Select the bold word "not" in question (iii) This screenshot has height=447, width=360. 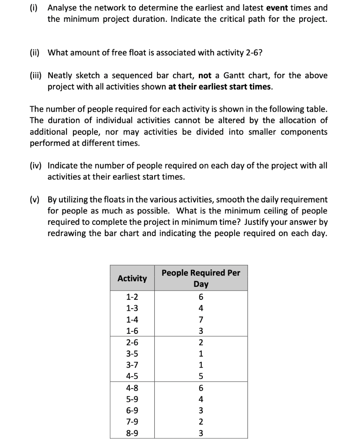coord(205,76)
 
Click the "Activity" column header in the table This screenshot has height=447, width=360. coord(132,278)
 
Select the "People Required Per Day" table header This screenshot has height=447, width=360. coord(201,278)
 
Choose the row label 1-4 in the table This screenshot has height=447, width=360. coord(132,320)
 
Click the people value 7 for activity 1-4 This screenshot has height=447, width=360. coord(201,320)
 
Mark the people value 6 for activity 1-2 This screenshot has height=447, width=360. coord(201,297)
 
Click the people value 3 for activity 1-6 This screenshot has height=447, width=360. coord(201,331)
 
